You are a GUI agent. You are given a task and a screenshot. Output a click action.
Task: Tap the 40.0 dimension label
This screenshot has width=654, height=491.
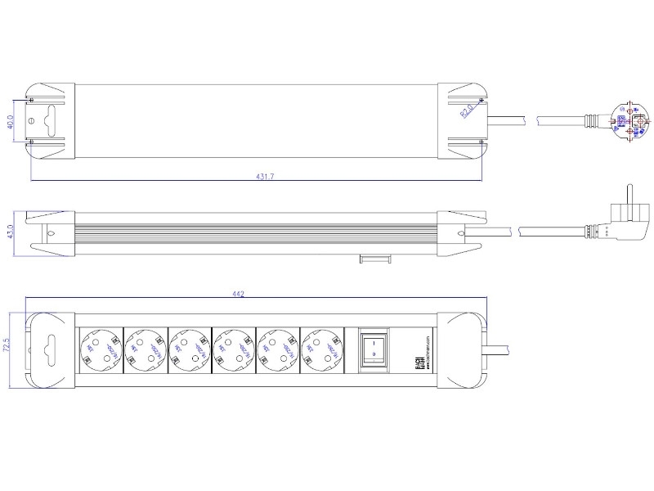[11, 122]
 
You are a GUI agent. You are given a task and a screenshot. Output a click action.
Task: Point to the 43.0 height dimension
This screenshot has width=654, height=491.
[11, 232]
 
